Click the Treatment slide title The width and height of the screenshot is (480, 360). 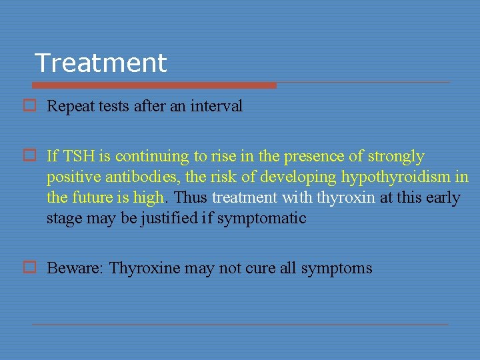click(101, 63)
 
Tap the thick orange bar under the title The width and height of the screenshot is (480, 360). click(153, 85)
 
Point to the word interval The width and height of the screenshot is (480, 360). click(217, 106)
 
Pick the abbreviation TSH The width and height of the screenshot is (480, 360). click(81, 157)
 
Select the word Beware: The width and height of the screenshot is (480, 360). click(75, 269)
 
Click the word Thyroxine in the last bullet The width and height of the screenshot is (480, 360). click(145, 269)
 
